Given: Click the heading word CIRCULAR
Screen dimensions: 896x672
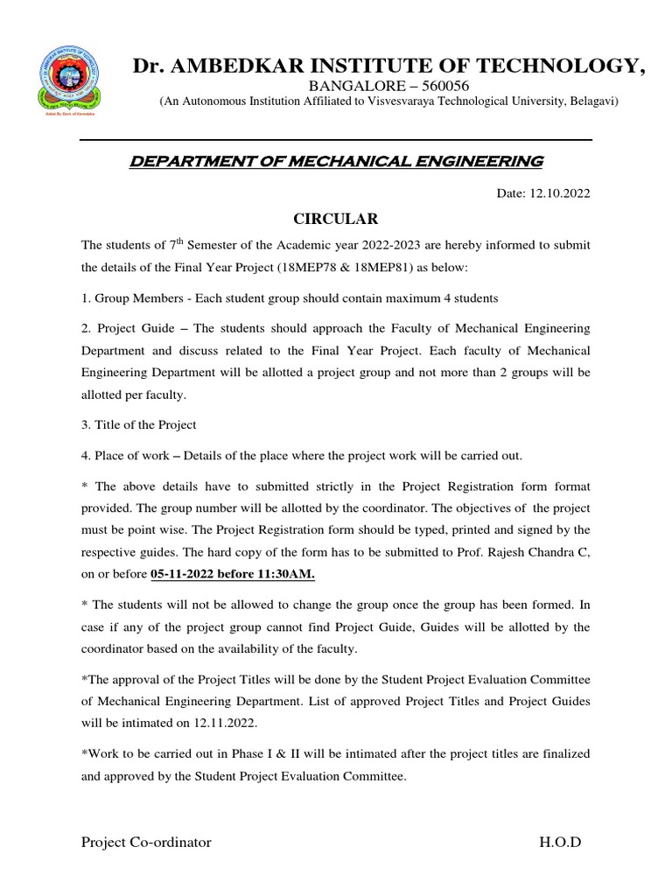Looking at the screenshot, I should tap(335, 218).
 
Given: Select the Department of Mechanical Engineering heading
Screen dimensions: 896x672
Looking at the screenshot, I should tap(335, 162).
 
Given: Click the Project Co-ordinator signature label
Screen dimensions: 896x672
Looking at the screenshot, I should tap(146, 842).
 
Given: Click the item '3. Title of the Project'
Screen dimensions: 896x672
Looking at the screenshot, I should tap(138, 424).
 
